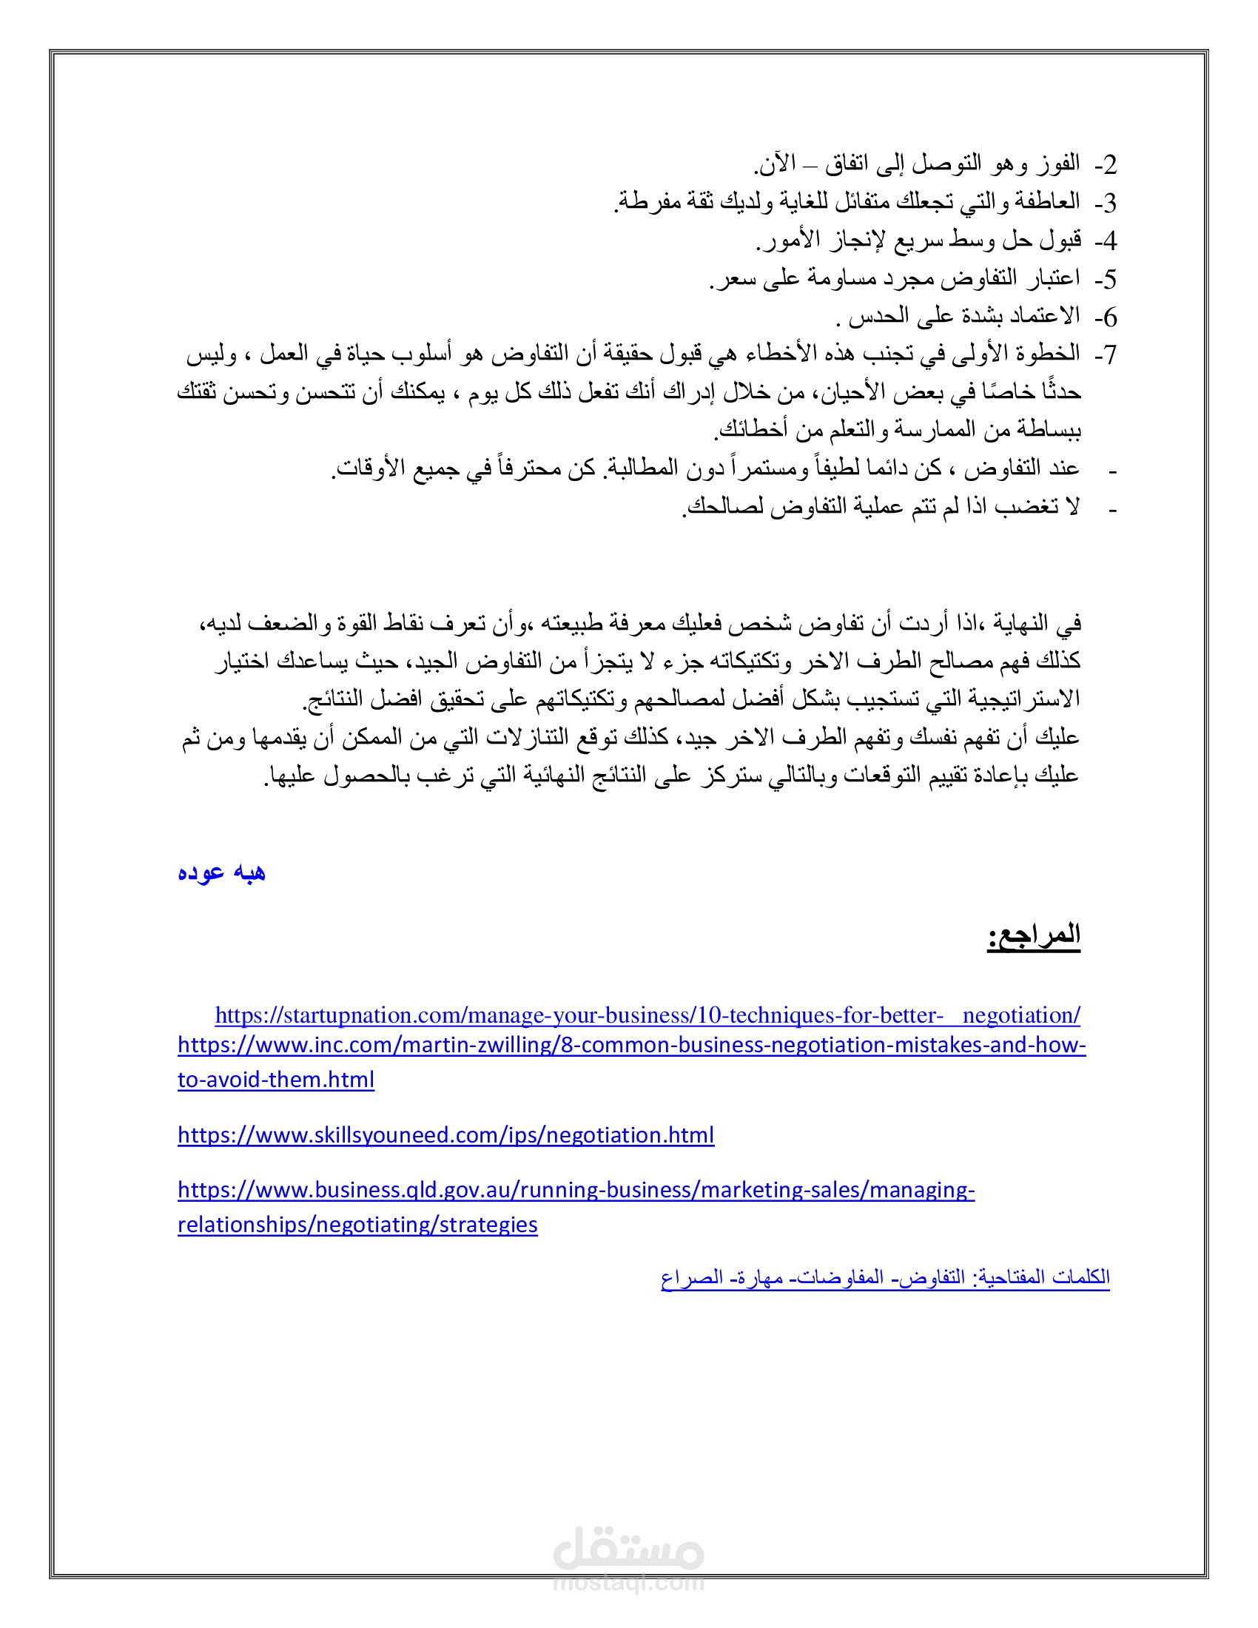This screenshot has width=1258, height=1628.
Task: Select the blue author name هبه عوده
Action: click(221, 872)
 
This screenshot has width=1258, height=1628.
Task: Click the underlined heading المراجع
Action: click(1034, 935)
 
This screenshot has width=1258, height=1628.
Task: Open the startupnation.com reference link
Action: click(647, 1015)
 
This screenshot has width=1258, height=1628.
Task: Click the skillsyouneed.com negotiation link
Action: click(445, 1134)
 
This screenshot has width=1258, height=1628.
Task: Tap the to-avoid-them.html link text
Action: click(276, 1080)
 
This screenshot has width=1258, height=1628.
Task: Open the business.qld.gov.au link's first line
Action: click(575, 1190)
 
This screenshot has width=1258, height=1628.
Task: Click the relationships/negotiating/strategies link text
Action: click(357, 1225)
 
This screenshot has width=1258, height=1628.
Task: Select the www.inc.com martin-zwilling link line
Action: click(631, 1045)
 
